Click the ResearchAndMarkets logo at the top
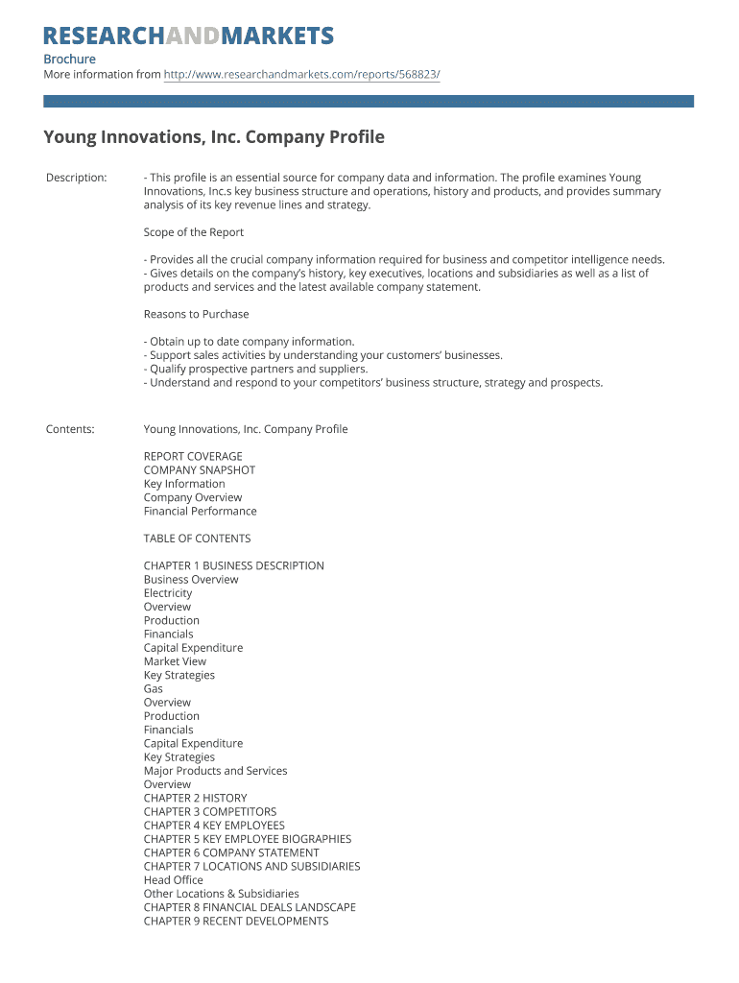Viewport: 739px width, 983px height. (189, 36)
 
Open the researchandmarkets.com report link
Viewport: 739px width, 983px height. (301, 74)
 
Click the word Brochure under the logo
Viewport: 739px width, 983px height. (69, 59)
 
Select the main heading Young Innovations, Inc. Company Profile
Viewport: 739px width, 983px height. (214, 137)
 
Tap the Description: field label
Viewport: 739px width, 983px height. (77, 178)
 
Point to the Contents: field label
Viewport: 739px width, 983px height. (70, 429)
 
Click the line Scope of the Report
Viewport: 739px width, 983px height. (194, 232)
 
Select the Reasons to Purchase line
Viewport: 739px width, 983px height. (196, 314)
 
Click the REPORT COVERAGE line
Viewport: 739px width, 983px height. (193, 456)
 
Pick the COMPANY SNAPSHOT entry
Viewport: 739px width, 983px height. (200, 470)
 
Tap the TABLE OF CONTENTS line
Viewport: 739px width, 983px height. (197, 539)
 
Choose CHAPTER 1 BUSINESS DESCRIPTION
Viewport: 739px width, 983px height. (234, 565)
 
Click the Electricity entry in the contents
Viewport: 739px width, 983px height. (168, 593)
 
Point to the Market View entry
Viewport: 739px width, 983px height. (175, 661)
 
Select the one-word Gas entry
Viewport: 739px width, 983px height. (154, 688)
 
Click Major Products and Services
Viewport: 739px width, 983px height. (215, 771)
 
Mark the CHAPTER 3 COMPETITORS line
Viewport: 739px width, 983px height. (210, 811)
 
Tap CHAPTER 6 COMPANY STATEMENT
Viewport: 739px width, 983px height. (231, 852)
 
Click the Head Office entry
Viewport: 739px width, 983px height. (174, 879)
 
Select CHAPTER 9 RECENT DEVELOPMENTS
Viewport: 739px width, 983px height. (236, 921)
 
